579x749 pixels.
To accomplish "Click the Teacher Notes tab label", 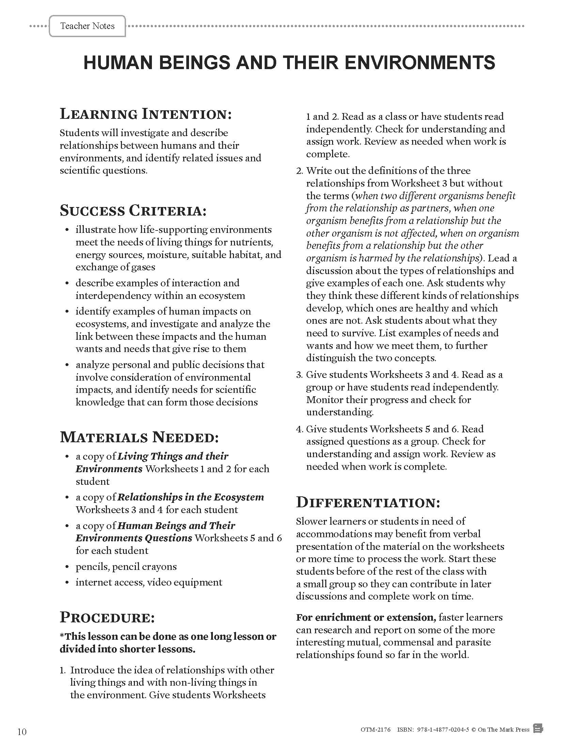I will point(87,26).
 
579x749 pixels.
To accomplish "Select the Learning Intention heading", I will point(146,114).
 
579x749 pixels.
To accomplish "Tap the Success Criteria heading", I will point(133,210).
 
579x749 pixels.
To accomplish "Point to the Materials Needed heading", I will point(139,437).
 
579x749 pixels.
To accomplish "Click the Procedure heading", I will point(107,618).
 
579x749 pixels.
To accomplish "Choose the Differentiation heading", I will point(368,503).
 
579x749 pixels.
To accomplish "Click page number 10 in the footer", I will point(21,732).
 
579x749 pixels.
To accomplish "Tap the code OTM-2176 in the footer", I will point(376,730).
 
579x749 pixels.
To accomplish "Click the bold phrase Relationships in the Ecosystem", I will point(191,497).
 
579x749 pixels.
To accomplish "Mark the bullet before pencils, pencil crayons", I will point(67,567).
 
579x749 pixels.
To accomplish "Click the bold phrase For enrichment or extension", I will point(366,617).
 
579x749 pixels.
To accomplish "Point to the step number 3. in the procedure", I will point(299,374).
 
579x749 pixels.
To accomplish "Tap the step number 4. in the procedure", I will point(299,429).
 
